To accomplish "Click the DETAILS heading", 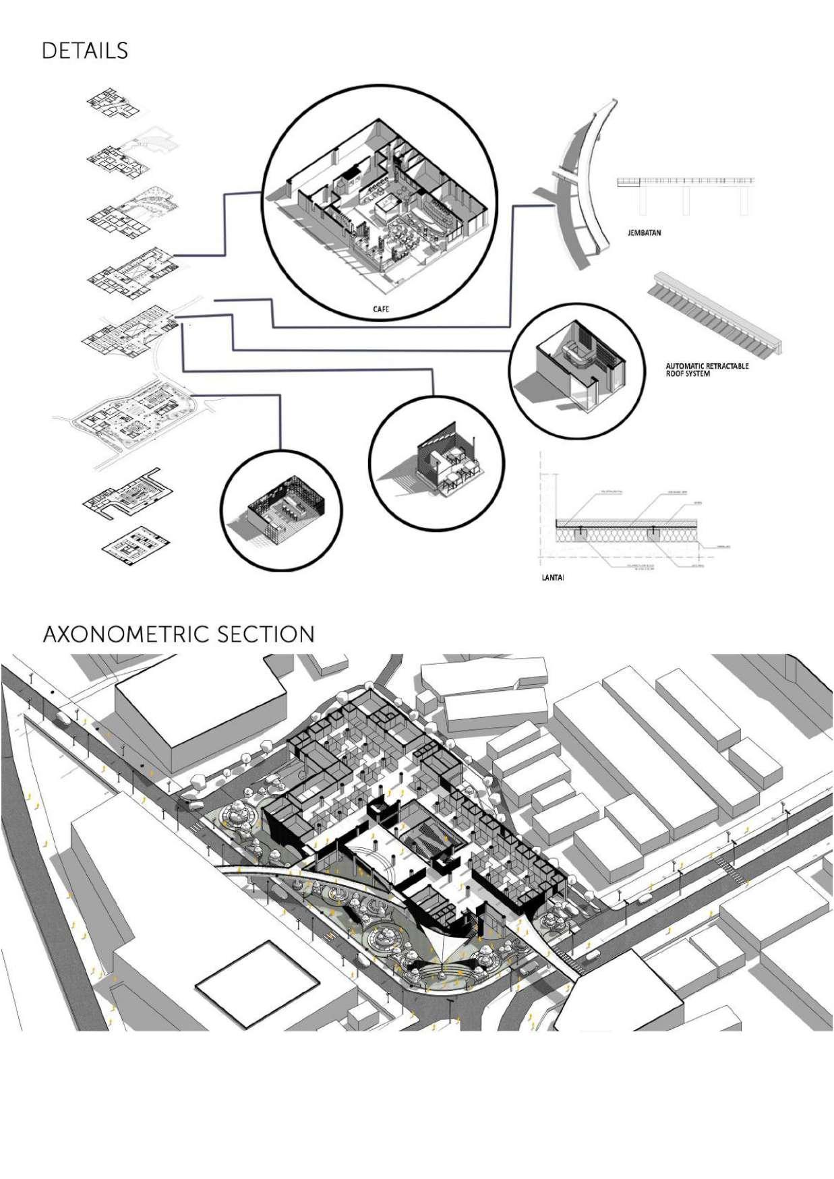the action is pos(84,51).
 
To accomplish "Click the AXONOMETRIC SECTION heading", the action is pos(178,634).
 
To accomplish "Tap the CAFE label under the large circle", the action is pos(381,310).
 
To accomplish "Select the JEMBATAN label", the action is pos(644,233).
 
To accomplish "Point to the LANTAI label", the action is pos(552,578).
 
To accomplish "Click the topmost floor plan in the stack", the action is pos(113,104).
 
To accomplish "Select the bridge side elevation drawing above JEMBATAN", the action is pos(686,192).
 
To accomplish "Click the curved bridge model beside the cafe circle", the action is pos(580,185).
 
